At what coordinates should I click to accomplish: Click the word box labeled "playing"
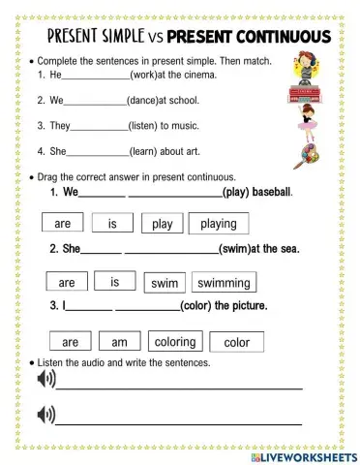pos(219,224)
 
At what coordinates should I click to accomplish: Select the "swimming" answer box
pos(225,284)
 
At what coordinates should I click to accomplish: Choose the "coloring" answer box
pos(174,342)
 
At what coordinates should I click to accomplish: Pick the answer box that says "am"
pos(119,342)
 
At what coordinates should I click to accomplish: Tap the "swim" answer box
pos(164,284)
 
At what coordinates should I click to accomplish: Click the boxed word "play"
pos(162,224)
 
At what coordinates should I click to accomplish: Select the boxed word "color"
pos(236,342)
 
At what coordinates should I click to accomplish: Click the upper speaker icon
pos(45,379)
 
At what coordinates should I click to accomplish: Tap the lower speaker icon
pos(45,417)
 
